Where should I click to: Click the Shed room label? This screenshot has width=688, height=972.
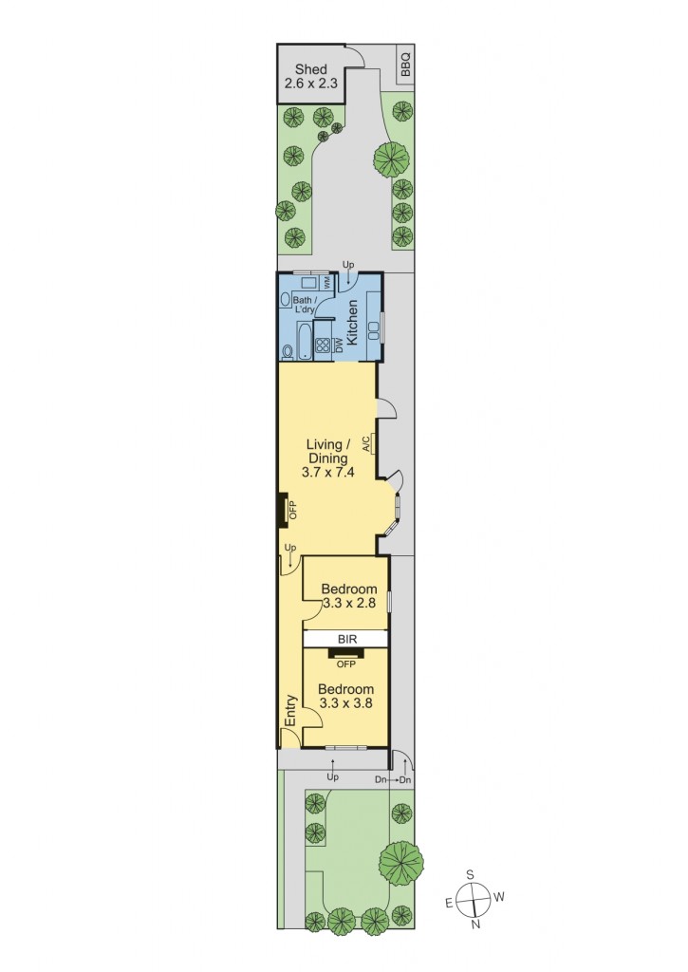click(311, 76)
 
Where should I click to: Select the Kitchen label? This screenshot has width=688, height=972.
click(352, 322)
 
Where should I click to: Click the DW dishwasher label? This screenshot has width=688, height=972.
click(338, 346)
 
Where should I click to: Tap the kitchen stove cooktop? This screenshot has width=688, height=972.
click(323, 346)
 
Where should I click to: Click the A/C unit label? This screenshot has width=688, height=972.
click(366, 442)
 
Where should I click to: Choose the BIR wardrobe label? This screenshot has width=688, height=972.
click(345, 639)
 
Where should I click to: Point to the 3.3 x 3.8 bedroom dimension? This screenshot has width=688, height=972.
click(345, 704)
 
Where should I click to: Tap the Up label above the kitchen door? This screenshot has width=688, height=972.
click(347, 265)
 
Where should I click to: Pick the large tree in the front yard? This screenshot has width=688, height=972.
click(400, 861)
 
